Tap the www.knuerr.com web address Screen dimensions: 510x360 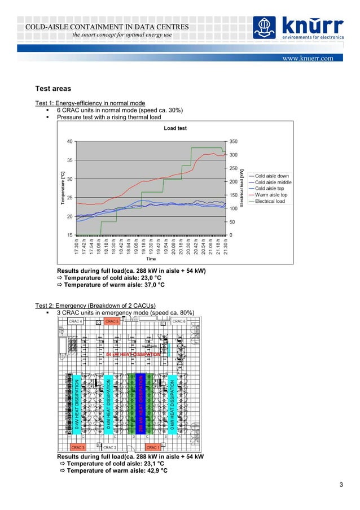(x=309, y=58)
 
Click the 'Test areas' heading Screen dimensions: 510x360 (x=54, y=89)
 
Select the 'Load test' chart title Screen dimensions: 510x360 (x=175, y=128)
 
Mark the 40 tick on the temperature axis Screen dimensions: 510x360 (x=69, y=141)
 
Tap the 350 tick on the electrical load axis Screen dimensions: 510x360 (x=233, y=141)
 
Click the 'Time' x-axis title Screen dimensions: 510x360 (x=151, y=259)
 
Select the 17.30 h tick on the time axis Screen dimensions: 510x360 (x=77, y=247)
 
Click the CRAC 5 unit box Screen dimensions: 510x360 (x=112, y=321)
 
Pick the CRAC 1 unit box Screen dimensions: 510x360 (x=153, y=447)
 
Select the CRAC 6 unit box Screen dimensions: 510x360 (x=179, y=321)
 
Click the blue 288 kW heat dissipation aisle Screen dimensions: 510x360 (x=142, y=404)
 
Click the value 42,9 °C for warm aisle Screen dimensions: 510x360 (x=152, y=470)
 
